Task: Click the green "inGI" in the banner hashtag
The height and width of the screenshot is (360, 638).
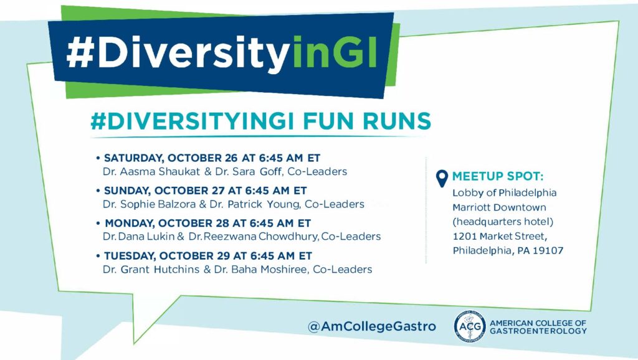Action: point(335,52)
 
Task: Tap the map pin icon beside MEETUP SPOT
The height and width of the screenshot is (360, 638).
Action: point(442,178)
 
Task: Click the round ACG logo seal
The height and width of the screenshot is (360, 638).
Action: point(470,326)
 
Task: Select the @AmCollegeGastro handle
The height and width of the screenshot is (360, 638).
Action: point(372,326)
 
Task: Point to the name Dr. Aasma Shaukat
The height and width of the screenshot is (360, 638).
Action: point(151,172)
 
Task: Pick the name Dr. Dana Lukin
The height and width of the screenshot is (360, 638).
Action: point(139,236)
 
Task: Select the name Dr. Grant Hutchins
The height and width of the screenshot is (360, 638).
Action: point(151,269)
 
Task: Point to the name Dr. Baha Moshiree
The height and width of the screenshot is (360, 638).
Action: point(261,269)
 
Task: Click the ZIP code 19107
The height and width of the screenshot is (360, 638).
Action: point(548,250)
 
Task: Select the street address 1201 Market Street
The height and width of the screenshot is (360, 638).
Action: point(500,236)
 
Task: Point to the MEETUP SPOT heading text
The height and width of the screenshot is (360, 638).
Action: point(498,176)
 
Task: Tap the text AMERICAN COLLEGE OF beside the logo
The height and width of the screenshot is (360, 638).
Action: point(538,323)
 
